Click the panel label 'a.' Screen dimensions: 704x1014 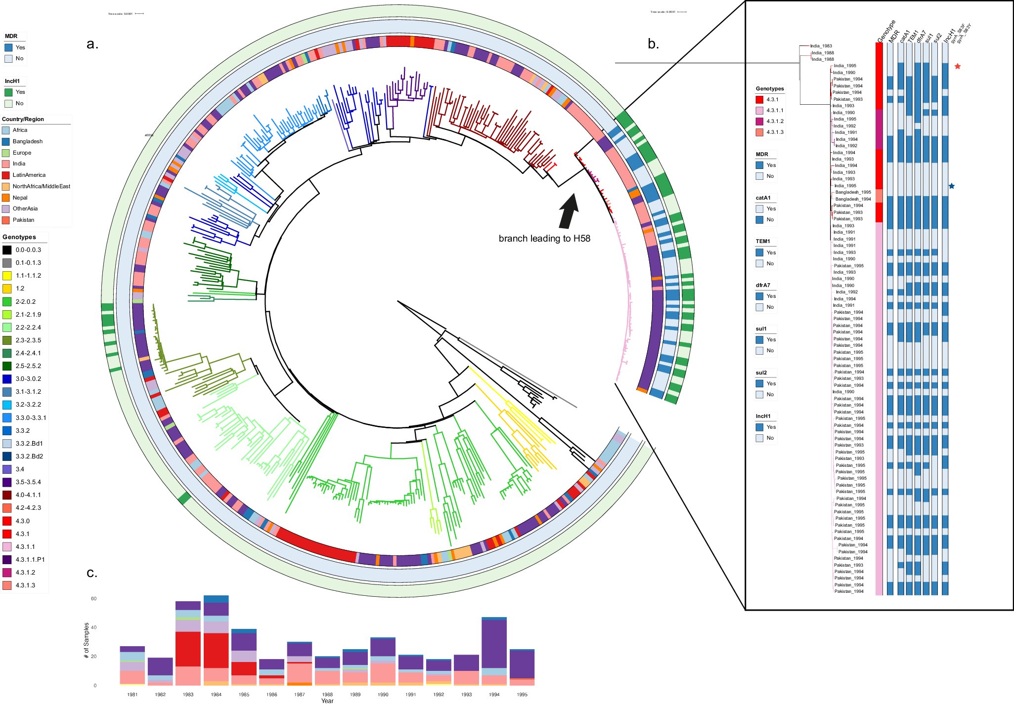92,44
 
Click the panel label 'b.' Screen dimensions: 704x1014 653,44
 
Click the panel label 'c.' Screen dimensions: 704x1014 92,573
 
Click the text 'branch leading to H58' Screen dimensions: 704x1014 544,239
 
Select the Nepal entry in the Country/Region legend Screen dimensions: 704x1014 20,198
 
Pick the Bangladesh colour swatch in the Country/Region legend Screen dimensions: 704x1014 6,141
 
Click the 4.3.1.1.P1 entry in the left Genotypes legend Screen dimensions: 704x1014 30,560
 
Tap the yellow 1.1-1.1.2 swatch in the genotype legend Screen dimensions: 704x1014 7,276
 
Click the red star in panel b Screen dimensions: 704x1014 958,66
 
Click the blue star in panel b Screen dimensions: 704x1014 951,186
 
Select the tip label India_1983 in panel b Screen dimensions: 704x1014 821,46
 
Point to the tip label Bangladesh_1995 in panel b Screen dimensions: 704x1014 853,192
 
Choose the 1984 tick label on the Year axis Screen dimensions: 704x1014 216,694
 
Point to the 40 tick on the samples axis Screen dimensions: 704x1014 93,627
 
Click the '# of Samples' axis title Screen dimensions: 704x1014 87,640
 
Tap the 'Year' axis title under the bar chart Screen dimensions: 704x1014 327,701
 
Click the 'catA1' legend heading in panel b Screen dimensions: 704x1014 763,198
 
